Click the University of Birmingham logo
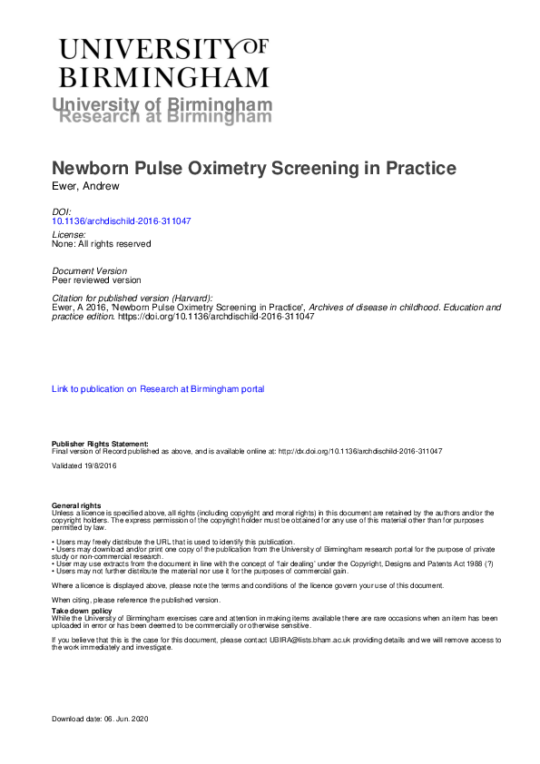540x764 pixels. pyautogui.click(x=164, y=62)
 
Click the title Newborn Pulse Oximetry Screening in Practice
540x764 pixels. pyautogui.click(x=254, y=169)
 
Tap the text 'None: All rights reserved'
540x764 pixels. pyautogui.click(x=101, y=243)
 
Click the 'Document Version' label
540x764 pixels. pyautogui.click(x=89, y=270)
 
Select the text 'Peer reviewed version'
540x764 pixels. pyautogui.click(x=96, y=280)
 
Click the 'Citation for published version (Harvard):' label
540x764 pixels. pyautogui.click(x=133, y=298)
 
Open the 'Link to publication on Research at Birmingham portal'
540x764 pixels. pyautogui.click(x=158, y=388)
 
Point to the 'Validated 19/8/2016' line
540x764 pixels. pyautogui.click(x=83, y=465)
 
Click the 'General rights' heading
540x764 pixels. pyautogui.click(x=76, y=505)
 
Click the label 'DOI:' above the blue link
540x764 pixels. pyautogui.click(x=62, y=211)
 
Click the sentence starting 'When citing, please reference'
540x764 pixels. pyautogui.click(x=135, y=600)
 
